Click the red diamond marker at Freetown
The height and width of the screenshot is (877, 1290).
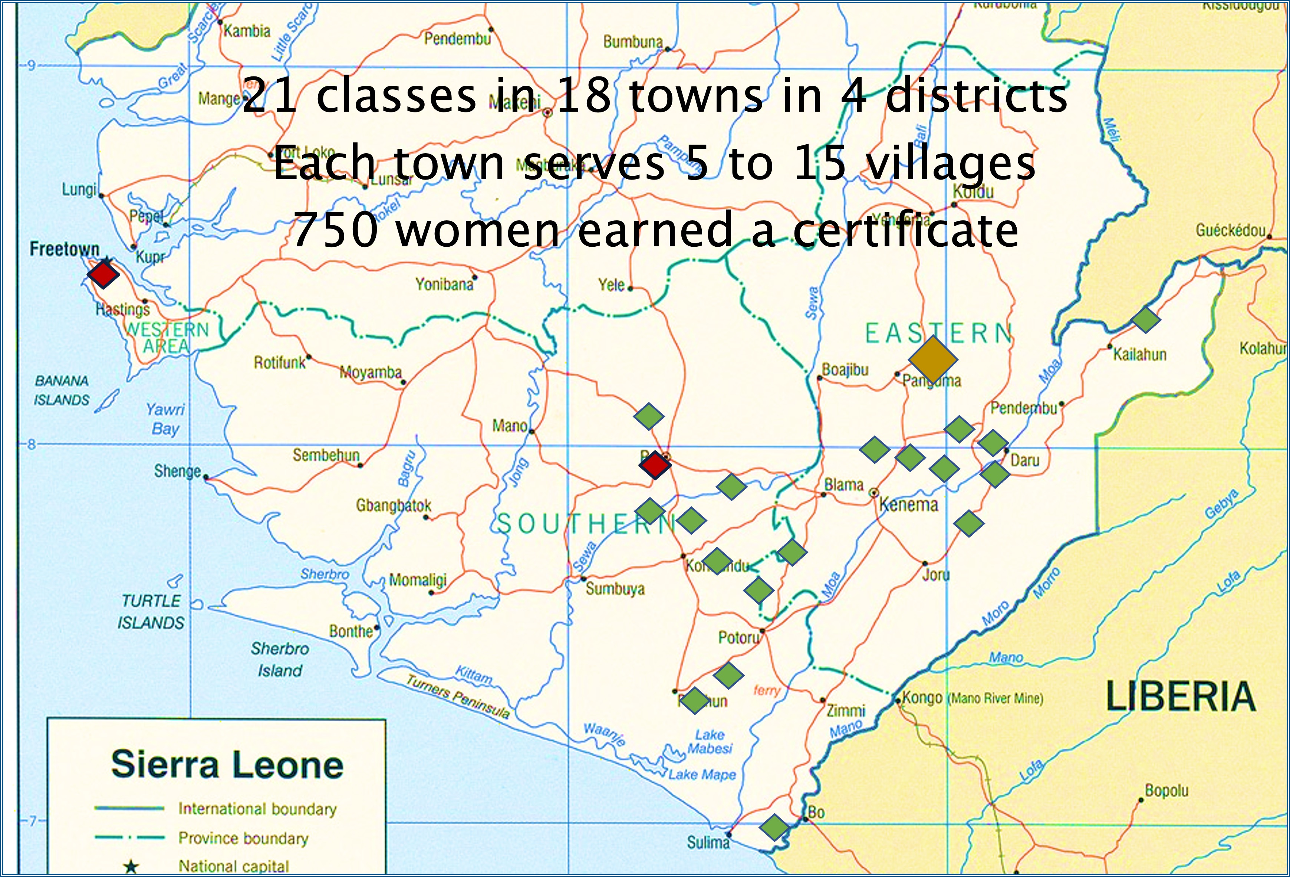[x=103, y=274]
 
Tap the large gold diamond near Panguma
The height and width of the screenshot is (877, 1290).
[x=932, y=360]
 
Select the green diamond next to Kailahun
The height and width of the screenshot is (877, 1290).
[x=1145, y=320]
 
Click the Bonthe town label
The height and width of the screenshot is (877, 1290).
[x=351, y=631]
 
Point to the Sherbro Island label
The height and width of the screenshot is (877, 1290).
[x=280, y=659]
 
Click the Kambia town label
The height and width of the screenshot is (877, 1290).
[x=247, y=31]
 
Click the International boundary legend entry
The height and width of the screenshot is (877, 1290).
[x=257, y=809]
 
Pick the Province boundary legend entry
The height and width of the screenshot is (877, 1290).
[x=243, y=838]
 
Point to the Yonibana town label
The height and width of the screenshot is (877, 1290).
[x=444, y=285]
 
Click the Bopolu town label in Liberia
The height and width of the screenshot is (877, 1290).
[x=1166, y=791]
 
